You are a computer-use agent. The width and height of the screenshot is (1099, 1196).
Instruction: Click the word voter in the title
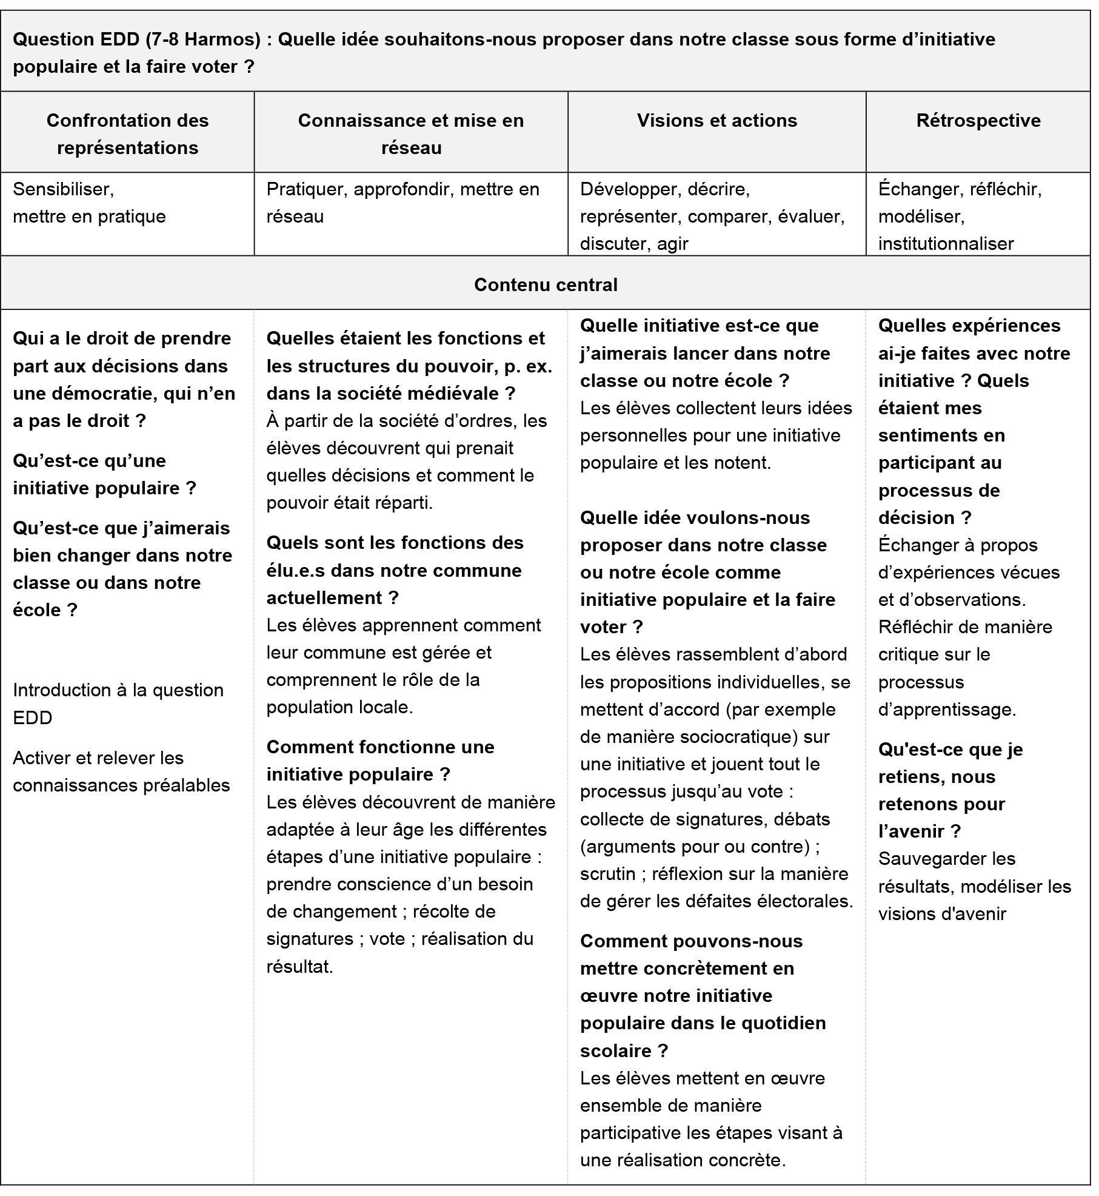click(x=215, y=67)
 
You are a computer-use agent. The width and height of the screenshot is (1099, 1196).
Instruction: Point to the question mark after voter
click(x=249, y=67)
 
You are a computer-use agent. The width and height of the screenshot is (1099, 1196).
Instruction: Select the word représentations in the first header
click(x=128, y=148)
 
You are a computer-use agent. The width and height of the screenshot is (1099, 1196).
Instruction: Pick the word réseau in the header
click(x=411, y=148)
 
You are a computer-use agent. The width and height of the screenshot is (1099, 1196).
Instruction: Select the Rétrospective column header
click(x=978, y=121)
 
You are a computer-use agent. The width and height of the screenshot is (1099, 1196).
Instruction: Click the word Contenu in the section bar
click(x=507, y=285)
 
